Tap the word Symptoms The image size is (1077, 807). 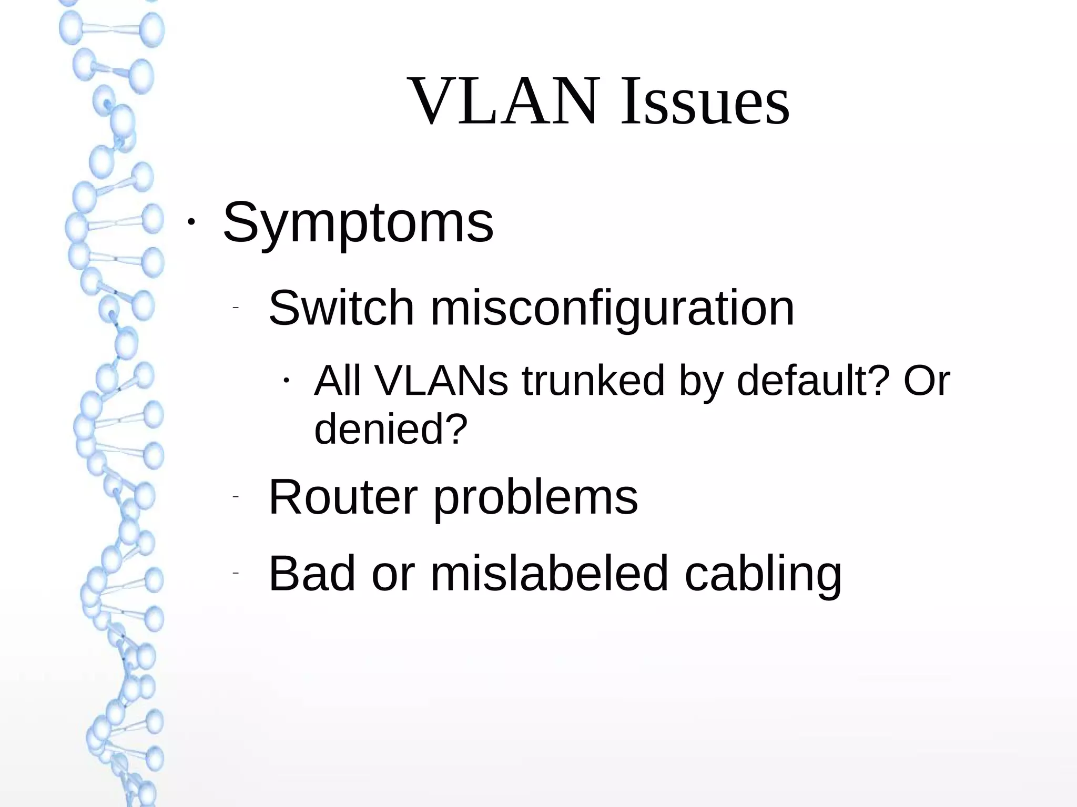(x=358, y=223)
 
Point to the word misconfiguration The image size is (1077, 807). (x=612, y=309)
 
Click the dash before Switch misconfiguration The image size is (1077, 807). (x=235, y=307)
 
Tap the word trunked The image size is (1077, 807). (x=593, y=380)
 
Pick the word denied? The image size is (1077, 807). (x=391, y=428)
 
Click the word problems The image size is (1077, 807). (x=535, y=498)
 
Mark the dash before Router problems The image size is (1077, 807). (x=235, y=496)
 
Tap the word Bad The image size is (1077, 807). (x=312, y=573)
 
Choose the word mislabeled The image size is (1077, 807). (x=550, y=573)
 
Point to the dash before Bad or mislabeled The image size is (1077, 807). (x=235, y=573)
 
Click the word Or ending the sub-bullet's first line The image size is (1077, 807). (x=927, y=380)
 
